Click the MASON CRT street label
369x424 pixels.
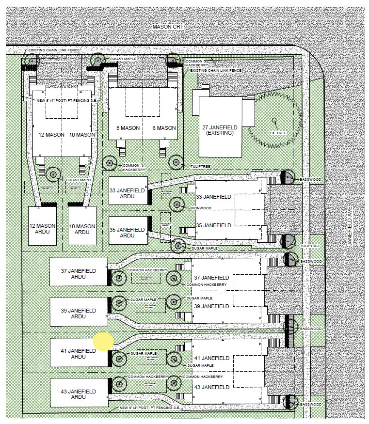tap(167, 27)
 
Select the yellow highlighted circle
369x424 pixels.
tap(103, 341)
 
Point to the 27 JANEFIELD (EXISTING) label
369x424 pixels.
tap(218, 130)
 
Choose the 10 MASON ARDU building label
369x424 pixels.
tap(82, 228)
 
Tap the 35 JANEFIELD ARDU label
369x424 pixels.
tap(127, 232)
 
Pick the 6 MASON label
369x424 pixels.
tap(163, 128)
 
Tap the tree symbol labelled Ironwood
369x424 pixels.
tap(177, 205)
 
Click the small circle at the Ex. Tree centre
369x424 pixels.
tap(274, 120)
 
